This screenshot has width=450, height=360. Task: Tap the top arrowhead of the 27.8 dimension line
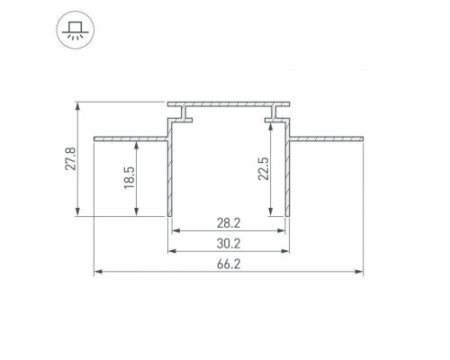(x=79, y=104)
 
